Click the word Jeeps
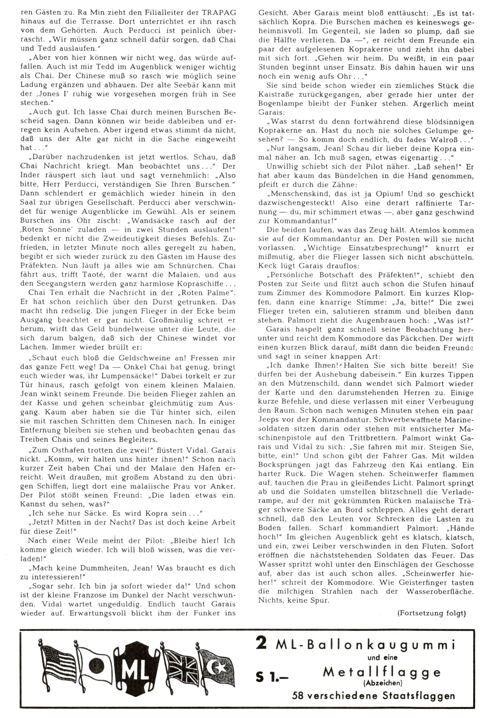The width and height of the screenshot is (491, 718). click(269, 420)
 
